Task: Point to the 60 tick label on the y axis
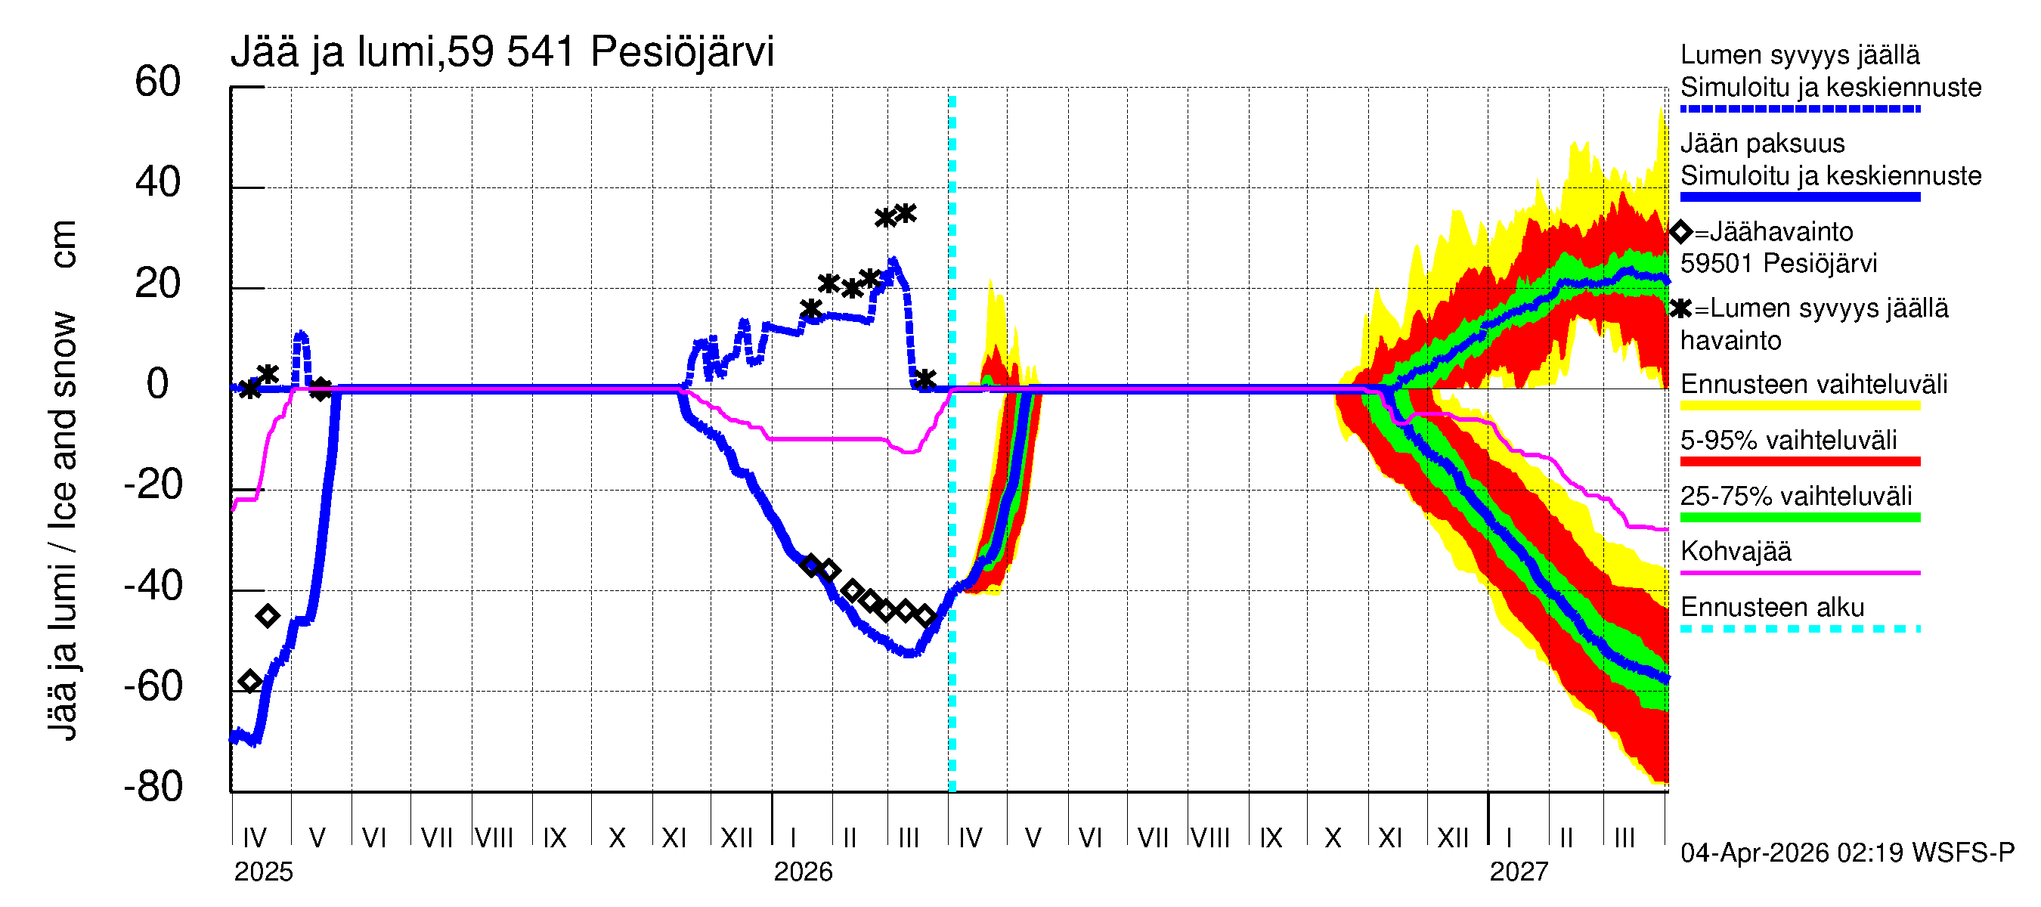point(158,82)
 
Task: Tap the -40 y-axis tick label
point(153,587)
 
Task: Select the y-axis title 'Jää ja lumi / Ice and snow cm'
point(63,479)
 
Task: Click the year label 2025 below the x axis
point(263,872)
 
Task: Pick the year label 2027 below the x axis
point(1518,872)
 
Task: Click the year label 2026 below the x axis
point(803,872)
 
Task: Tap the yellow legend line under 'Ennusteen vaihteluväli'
point(1799,406)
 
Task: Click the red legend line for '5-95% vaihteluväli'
point(1799,461)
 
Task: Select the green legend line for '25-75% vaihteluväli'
point(1799,517)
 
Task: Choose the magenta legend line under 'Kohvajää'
point(1799,572)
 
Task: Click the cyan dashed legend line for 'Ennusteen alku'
point(1799,629)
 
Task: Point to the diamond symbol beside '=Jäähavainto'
point(1680,232)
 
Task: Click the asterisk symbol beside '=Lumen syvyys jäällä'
point(1680,308)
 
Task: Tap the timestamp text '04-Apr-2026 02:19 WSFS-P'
point(1847,853)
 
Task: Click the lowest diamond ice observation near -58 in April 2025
point(250,681)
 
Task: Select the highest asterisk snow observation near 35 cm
point(906,213)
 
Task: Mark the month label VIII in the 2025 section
point(494,837)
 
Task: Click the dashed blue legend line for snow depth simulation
point(1799,109)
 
